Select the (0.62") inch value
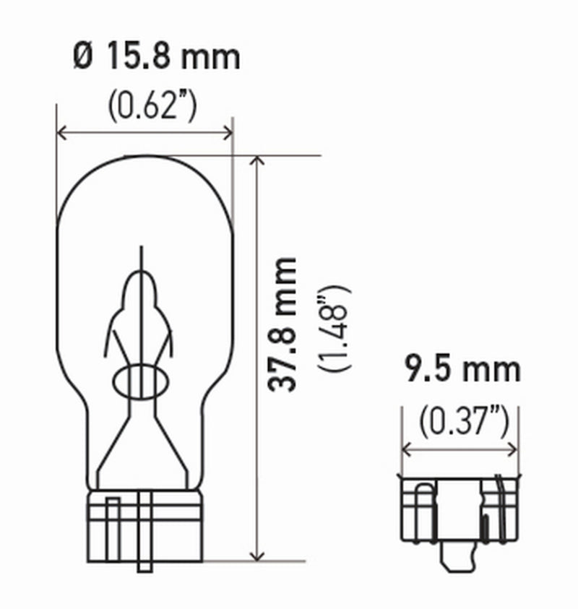(152, 106)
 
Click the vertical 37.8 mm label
(282, 324)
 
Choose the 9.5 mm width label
(462, 371)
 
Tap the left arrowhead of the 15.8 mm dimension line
(61, 132)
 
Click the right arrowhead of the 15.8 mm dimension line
(229, 132)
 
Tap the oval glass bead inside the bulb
(142, 381)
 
